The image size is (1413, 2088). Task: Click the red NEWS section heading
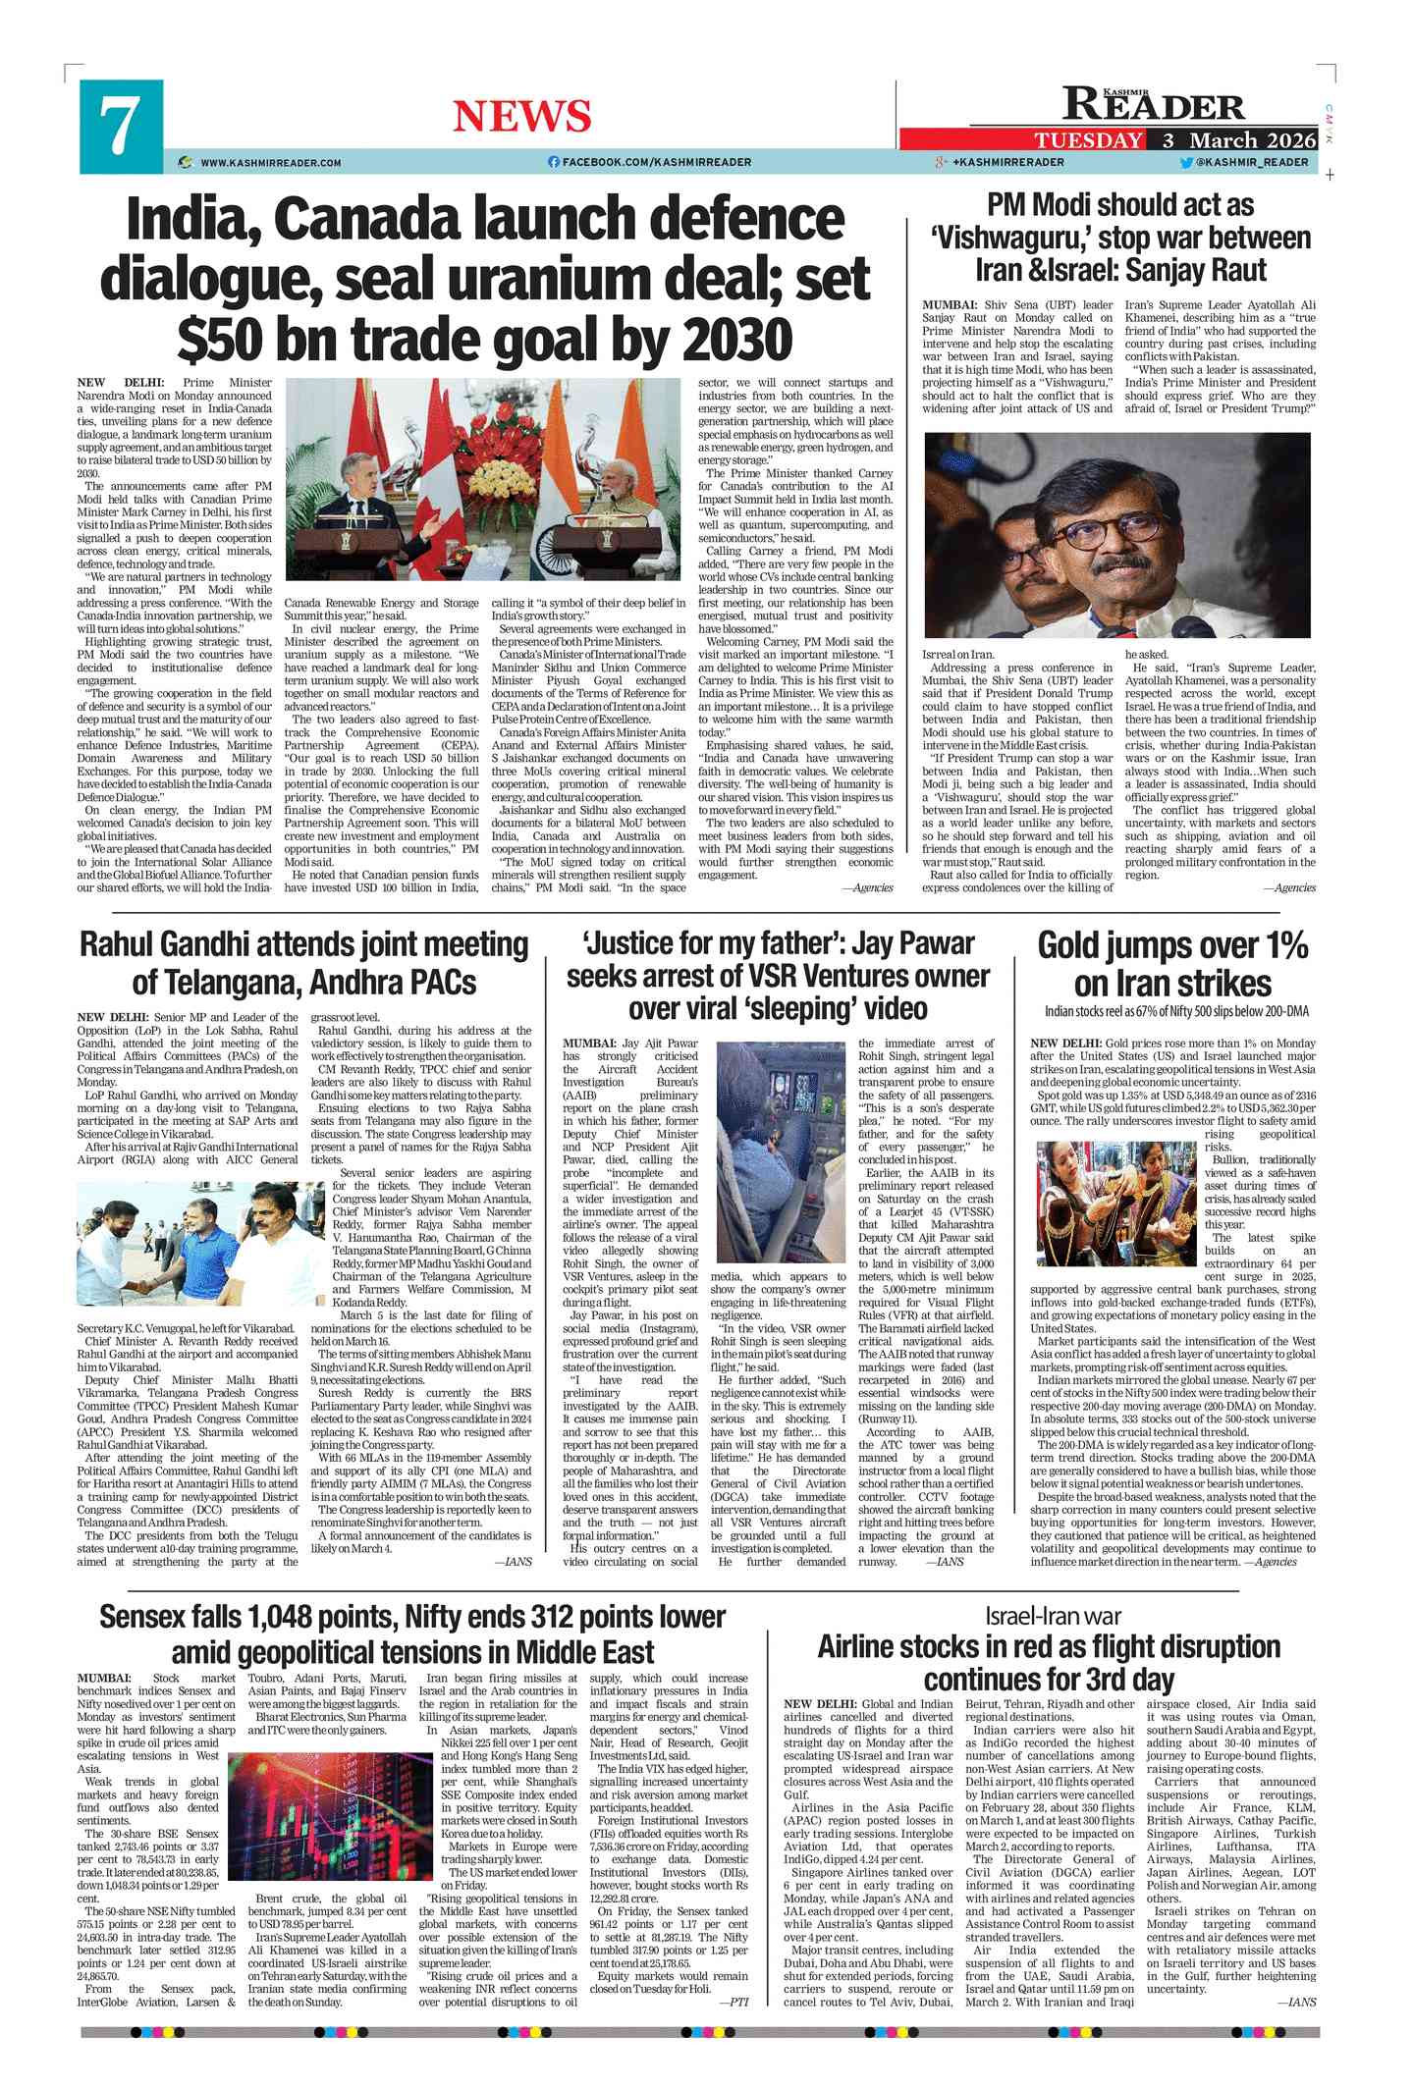tap(521, 118)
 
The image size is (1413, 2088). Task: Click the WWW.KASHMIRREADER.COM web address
tap(270, 163)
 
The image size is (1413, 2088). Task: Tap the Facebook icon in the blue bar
tap(553, 162)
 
